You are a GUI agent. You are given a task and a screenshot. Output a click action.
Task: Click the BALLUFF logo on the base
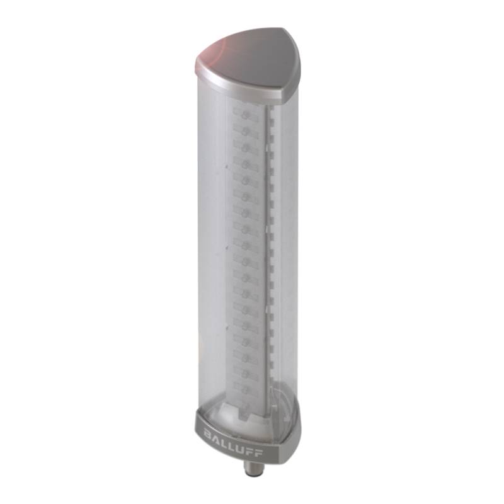click(x=233, y=444)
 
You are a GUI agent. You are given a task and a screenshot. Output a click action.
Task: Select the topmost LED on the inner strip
click(x=246, y=115)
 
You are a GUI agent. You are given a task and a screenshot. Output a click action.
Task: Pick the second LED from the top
click(x=246, y=131)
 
